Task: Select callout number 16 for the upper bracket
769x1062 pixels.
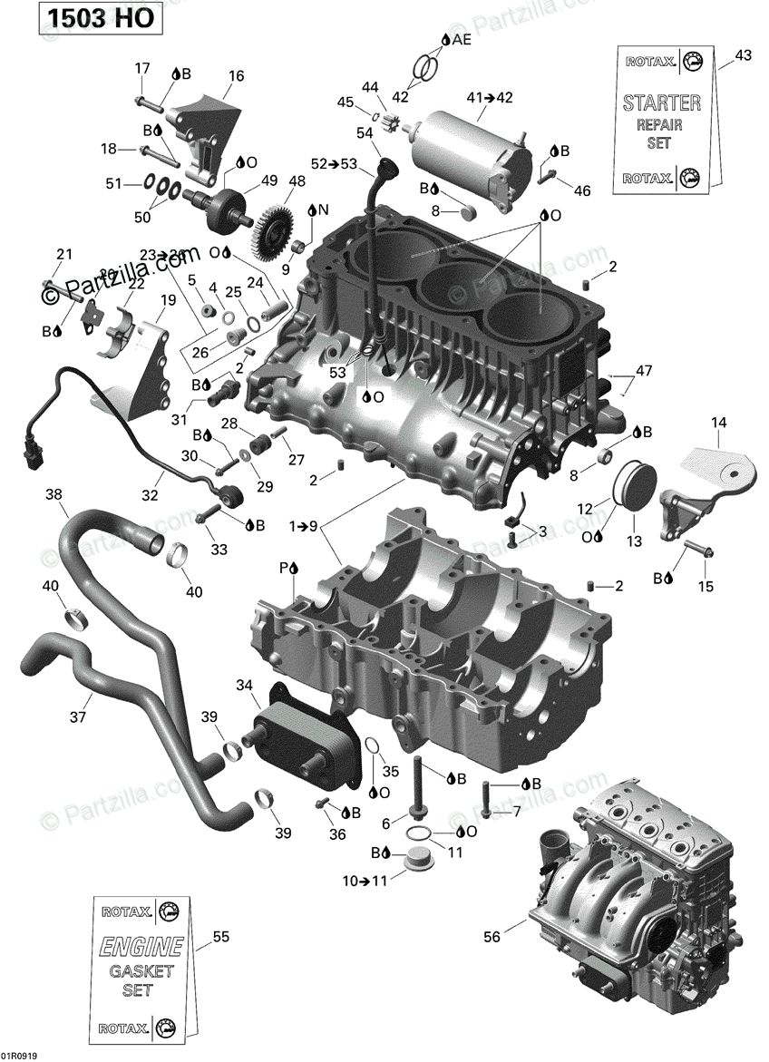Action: tap(236, 76)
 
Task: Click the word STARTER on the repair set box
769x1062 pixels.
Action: tap(661, 102)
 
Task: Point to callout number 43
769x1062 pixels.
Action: tap(743, 56)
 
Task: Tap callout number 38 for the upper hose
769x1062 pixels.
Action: tap(54, 494)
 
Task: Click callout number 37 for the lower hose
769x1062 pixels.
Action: tap(79, 716)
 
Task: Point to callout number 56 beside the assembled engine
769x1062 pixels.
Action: tap(492, 938)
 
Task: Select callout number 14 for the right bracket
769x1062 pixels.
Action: tap(719, 422)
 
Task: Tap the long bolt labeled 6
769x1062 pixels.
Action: tap(418, 788)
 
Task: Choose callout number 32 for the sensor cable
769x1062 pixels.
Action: tap(150, 495)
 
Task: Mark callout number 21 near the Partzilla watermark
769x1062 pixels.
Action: tap(63, 254)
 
